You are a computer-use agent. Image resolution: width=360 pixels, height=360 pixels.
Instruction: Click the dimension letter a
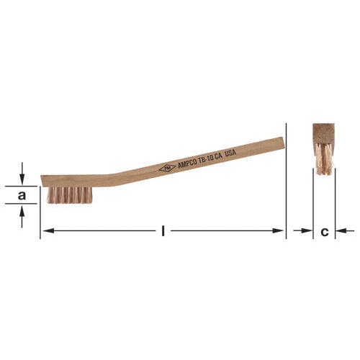pos(22,195)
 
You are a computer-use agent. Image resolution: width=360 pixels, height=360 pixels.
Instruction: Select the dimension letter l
pos(163,231)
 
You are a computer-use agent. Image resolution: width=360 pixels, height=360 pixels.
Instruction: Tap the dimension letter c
pos(325,232)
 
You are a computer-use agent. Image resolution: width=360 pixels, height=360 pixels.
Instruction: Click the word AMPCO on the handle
pos(187,164)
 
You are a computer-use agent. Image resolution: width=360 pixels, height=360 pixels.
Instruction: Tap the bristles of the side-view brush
pos(69,195)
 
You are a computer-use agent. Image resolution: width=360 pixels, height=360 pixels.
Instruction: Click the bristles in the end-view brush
pos(324,159)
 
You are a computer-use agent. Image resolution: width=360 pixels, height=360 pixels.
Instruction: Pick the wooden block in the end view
pos(323,134)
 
